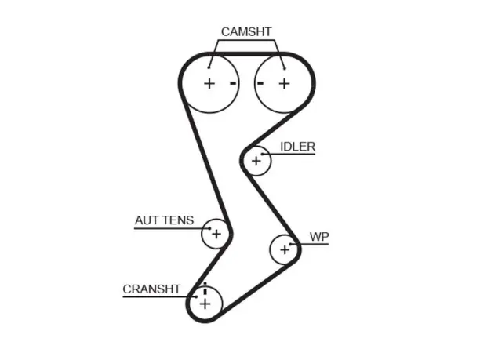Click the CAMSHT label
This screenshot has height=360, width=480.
coord(246,32)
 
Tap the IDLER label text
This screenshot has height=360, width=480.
coord(297,147)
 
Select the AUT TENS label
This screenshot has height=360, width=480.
coord(165,220)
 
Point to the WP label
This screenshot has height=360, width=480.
coord(319,237)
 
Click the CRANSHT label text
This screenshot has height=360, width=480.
coord(151,289)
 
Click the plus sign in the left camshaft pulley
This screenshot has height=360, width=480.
coord(209,84)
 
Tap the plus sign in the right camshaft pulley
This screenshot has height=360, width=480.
coord(285,84)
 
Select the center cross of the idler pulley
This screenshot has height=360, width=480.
coord(256,161)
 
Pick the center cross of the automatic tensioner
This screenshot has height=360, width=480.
coord(216,235)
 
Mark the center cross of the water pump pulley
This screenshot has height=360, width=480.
coord(285,249)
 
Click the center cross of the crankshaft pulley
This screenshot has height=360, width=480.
coord(205,304)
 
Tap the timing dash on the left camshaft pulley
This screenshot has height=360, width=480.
coord(233,83)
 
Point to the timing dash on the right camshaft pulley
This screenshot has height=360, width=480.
coord(260,83)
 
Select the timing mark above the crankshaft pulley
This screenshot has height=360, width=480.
coord(205,288)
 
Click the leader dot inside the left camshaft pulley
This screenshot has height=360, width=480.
coord(209,67)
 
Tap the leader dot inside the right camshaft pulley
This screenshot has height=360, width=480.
coord(285,68)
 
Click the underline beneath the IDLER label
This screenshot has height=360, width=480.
coord(289,154)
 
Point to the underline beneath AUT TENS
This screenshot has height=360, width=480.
coord(173,229)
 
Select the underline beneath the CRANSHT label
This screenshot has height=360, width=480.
coord(160,297)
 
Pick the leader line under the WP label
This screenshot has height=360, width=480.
coord(309,244)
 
